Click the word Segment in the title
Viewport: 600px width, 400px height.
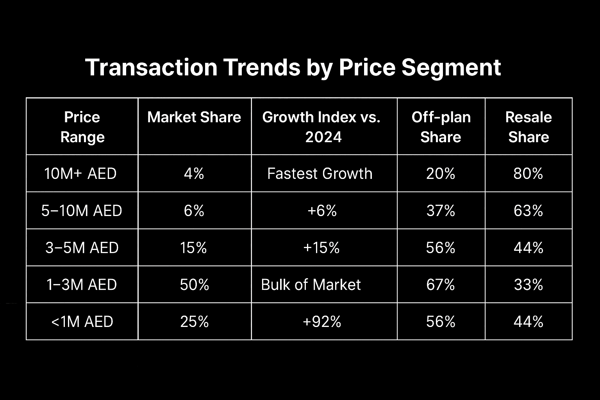tap(451, 68)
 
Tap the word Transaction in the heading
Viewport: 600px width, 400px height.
tap(151, 68)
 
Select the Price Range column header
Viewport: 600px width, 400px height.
tap(82, 127)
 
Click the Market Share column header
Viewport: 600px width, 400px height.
tap(194, 117)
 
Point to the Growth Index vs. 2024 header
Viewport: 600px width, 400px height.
tap(321, 127)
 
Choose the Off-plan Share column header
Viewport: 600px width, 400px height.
tap(441, 127)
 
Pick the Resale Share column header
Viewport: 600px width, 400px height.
tap(529, 127)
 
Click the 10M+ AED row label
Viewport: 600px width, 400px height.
tap(80, 173)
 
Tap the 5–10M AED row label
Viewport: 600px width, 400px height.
tap(82, 210)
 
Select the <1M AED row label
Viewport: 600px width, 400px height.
tap(82, 321)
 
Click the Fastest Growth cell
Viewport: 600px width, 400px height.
tap(320, 173)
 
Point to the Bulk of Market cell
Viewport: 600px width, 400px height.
tap(311, 284)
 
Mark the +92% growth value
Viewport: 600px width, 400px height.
tap(322, 321)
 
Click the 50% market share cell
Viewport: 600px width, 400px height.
tap(195, 284)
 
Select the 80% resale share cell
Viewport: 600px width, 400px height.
tap(528, 173)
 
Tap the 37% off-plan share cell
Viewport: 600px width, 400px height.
tap(441, 211)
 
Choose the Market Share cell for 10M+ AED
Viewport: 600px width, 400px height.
tap(194, 173)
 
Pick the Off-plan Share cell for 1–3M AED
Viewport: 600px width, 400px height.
tap(441, 284)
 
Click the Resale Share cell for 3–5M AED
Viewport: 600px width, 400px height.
tap(529, 248)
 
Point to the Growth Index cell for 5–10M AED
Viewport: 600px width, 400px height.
tap(322, 211)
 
